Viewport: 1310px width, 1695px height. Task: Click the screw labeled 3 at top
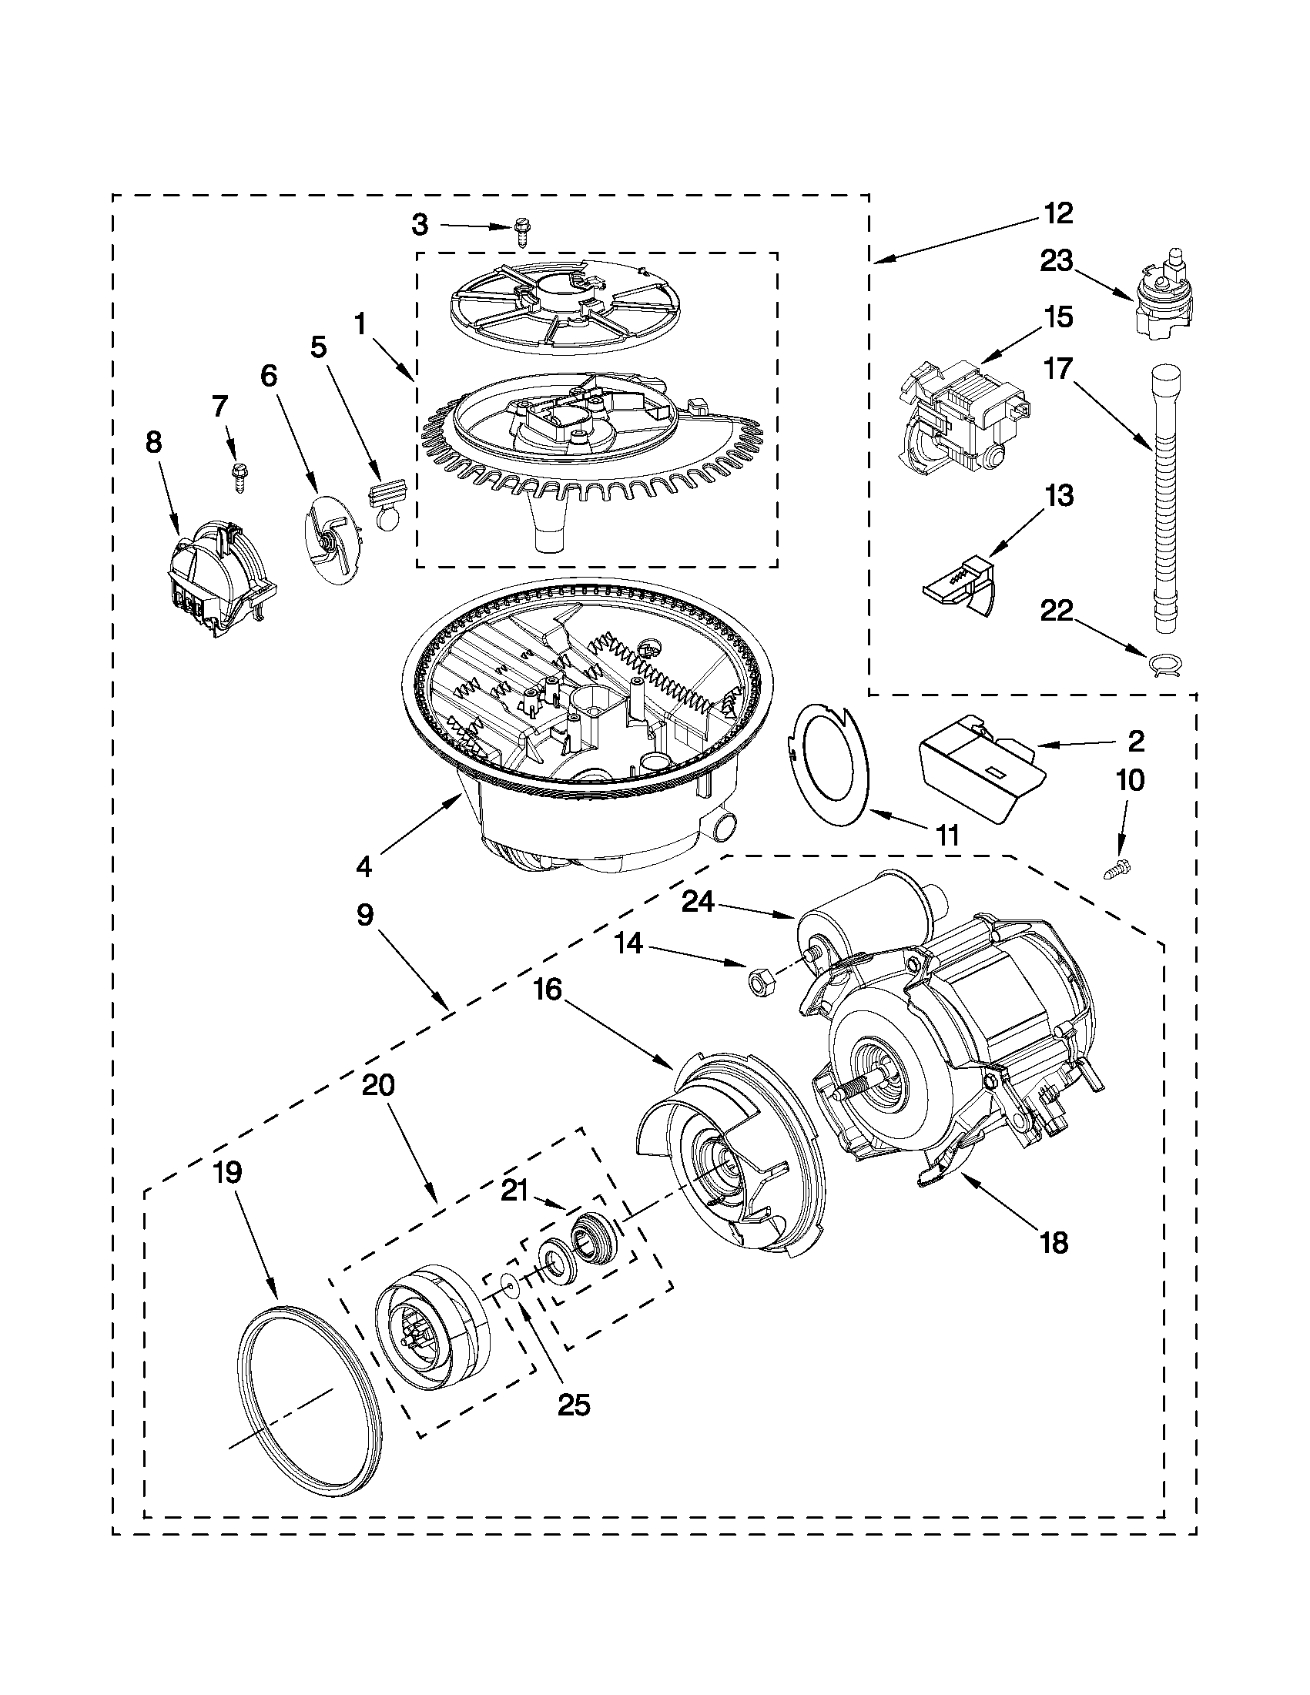pyautogui.click(x=522, y=231)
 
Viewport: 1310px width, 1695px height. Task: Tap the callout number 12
pyautogui.click(x=1057, y=213)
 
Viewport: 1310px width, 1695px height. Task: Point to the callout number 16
pyautogui.click(x=548, y=991)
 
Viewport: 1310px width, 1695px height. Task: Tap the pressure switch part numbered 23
pyautogui.click(x=1161, y=297)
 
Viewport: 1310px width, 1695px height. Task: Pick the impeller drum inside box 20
pyautogui.click(x=432, y=1329)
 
